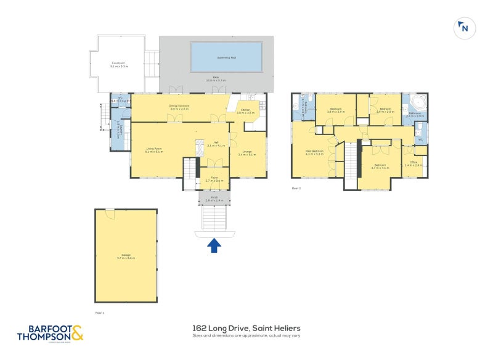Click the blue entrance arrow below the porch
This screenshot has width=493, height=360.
tap(214, 245)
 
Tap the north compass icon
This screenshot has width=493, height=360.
tap(464, 28)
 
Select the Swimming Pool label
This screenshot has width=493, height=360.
tap(227, 57)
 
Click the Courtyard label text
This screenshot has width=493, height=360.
tap(118, 63)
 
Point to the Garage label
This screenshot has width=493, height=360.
tap(126, 256)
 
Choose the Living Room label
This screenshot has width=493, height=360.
tap(154, 148)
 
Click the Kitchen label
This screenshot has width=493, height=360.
tap(245, 110)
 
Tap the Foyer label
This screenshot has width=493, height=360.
tap(214, 178)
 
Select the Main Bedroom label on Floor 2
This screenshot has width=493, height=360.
tap(314, 151)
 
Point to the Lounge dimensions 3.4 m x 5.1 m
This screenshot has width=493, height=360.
tap(247, 155)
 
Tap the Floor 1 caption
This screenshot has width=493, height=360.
tap(99, 313)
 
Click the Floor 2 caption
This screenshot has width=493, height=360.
tap(296, 188)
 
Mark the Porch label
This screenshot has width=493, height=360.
tap(214, 198)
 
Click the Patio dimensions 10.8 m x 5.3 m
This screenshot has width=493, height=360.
tap(216, 80)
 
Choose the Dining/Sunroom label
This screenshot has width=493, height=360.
tap(179, 105)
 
